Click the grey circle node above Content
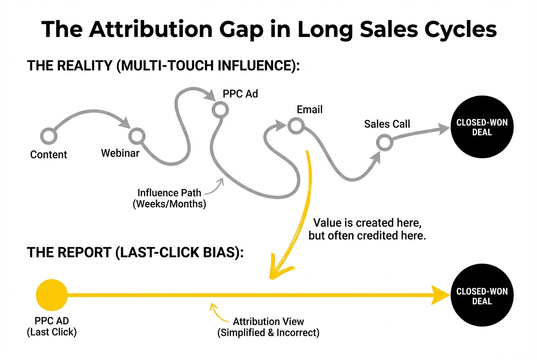click(x=48, y=136)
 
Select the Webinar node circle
click(x=137, y=136)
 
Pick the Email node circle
click(x=295, y=125)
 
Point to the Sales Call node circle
click(x=384, y=143)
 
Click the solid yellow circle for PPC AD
click(x=52, y=295)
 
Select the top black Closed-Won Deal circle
click(x=481, y=127)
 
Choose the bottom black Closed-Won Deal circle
click(x=481, y=296)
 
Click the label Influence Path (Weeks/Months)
click(x=169, y=198)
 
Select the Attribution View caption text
click(x=268, y=327)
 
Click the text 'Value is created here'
click(x=367, y=222)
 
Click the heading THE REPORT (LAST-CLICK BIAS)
click(x=136, y=252)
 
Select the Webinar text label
click(x=120, y=153)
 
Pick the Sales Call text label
click(x=387, y=124)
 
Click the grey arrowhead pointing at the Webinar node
click(x=126, y=124)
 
